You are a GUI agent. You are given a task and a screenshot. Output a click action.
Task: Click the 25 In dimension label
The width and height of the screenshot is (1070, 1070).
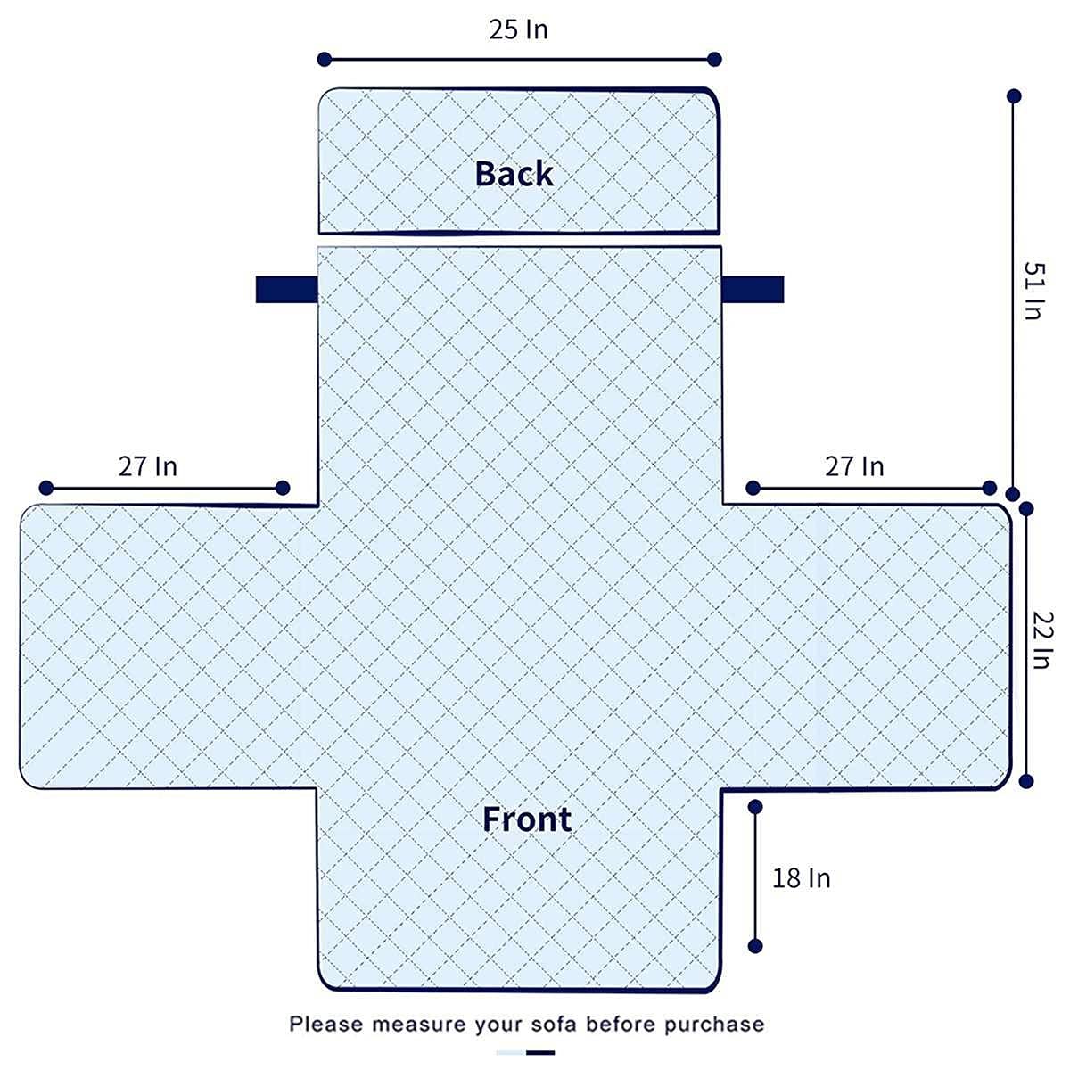click(518, 29)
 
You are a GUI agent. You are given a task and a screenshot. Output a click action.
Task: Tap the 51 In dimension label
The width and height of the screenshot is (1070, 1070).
click(1034, 291)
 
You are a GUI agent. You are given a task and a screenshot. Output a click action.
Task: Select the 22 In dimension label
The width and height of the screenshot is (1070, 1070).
click(1042, 639)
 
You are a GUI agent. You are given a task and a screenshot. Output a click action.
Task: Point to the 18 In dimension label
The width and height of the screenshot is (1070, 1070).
click(802, 878)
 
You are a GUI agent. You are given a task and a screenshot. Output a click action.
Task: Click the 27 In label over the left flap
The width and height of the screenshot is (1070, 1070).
click(148, 466)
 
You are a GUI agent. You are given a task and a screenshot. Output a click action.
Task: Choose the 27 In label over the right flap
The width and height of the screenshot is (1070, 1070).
click(854, 466)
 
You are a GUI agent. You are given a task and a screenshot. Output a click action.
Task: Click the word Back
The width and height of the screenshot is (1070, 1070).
click(514, 173)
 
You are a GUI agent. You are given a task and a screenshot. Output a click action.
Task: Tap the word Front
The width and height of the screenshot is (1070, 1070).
click(526, 819)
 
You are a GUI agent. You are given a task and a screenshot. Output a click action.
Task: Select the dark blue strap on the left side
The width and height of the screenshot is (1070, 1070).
click(286, 289)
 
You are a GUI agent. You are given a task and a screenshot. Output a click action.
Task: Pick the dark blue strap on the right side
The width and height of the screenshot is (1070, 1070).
click(753, 289)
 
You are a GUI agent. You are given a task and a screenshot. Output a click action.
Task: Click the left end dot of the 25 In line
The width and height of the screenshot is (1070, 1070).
click(325, 60)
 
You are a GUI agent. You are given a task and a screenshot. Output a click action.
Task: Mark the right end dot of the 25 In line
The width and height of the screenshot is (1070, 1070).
click(714, 60)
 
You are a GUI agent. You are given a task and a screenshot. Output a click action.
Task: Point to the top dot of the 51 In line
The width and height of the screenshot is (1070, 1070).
click(1014, 96)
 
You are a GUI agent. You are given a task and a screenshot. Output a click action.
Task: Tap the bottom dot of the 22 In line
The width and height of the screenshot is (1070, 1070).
click(1026, 781)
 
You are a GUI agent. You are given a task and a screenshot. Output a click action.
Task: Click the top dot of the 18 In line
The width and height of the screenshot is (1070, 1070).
click(755, 807)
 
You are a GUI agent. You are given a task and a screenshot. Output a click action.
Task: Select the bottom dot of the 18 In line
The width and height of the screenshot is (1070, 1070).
click(755, 946)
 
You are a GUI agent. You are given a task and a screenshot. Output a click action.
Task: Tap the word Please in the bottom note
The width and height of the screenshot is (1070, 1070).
click(326, 1024)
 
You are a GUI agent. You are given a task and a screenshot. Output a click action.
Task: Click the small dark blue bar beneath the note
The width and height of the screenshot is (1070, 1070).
click(539, 1052)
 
